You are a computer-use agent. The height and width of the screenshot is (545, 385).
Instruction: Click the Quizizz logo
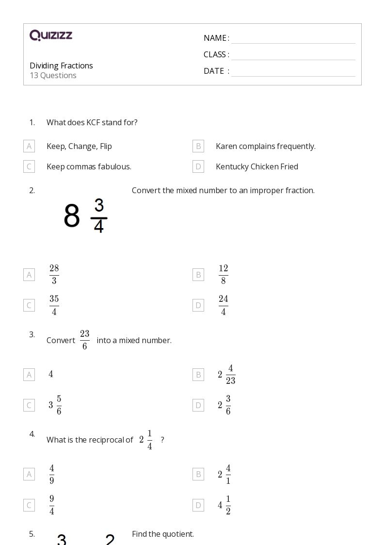coord(51,35)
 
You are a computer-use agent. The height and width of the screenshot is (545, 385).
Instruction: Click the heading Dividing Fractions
coord(61,66)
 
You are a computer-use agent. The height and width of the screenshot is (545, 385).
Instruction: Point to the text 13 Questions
coord(53,75)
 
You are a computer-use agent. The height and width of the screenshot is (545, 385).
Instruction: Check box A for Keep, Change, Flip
coord(29,146)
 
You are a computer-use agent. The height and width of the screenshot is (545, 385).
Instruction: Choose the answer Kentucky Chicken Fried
coord(257,166)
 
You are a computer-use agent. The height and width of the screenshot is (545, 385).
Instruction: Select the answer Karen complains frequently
coord(265,146)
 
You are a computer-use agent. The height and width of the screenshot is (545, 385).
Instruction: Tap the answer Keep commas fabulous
coord(89,166)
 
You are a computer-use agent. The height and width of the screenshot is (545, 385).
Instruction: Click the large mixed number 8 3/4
coord(85,215)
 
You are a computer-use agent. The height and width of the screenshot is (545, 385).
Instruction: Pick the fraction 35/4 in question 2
coord(54,305)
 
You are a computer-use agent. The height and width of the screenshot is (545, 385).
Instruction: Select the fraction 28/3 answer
coord(54,275)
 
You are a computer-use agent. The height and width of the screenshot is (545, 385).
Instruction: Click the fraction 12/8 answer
coord(223,275)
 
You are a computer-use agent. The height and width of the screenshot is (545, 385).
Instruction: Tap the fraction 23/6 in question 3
coord(84,340)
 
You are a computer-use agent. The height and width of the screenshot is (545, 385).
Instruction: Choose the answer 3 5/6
coord(55,405)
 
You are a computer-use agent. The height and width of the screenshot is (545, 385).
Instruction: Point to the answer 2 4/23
coord(226,375)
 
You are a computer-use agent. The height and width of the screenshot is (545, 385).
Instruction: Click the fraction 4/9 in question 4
coord(51,474)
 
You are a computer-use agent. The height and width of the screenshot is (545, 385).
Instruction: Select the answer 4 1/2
coord(224,505)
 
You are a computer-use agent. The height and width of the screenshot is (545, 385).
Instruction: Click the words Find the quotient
coord(162,534)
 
